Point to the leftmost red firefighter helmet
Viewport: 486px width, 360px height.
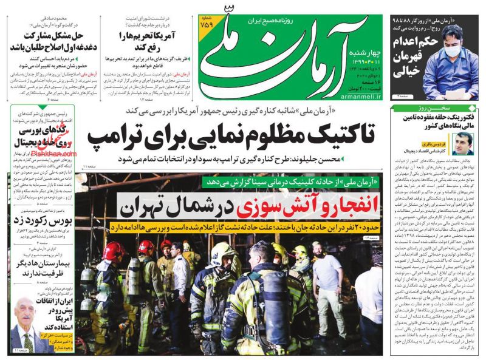pyautogui.click(x=113, y=251)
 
